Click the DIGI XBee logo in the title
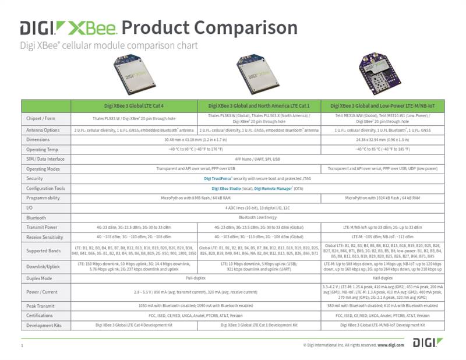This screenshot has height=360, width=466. (x=69, y=27)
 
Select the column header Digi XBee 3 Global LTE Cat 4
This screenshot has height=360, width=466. (x=134, y=106)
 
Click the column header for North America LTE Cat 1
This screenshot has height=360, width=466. (x=259, y=106)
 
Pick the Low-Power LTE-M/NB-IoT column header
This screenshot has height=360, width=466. (x=383, y=106)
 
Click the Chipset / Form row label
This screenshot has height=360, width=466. (x=42, y=118)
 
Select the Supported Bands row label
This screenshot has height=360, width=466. (x=43, y=251)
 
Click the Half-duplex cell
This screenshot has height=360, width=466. (x=383, y=278)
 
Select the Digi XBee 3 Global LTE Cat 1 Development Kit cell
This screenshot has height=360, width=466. (x=259, y=325)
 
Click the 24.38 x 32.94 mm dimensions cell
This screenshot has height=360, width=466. (x=383, y=140)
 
